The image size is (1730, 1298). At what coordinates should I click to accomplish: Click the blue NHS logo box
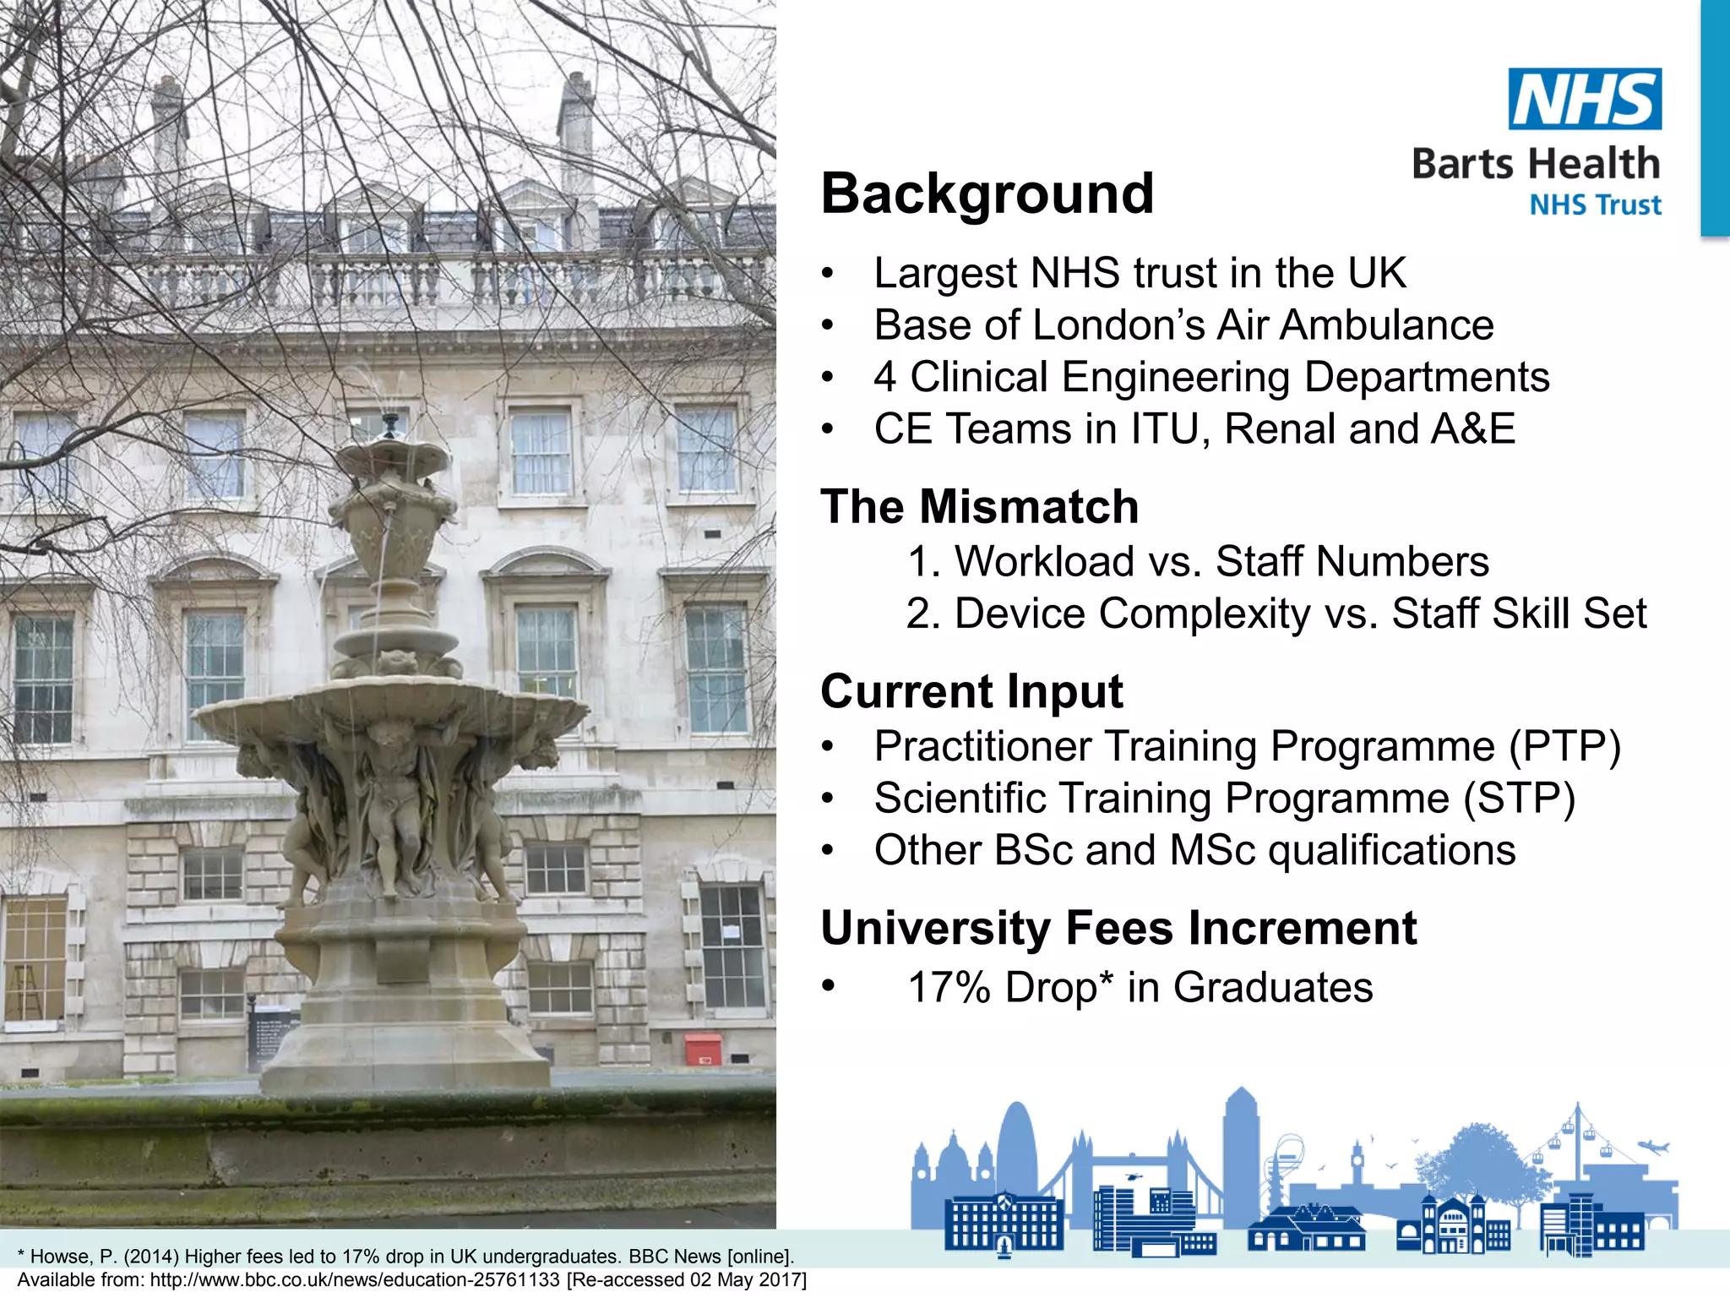click(1585, 99)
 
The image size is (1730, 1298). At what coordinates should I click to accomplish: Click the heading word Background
click(987, 194)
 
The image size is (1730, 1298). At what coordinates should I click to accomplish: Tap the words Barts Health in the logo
click(1536, 163)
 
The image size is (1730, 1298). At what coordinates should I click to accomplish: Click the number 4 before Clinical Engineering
click(885, 377)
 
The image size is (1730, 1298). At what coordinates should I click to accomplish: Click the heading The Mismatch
click(980, 507)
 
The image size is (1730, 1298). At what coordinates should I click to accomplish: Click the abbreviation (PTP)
click(1565, 746)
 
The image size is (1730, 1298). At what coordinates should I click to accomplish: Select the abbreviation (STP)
click(1520, 799)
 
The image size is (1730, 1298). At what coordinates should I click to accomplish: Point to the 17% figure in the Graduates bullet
click(949, 987)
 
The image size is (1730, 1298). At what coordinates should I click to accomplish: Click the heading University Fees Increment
click(1118, 929)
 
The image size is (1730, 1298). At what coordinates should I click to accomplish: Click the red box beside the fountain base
click(703, 1049)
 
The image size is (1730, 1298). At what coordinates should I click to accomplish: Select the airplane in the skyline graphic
click(1653, 1147)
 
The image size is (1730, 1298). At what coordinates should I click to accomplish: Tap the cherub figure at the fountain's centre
click(393, 803)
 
